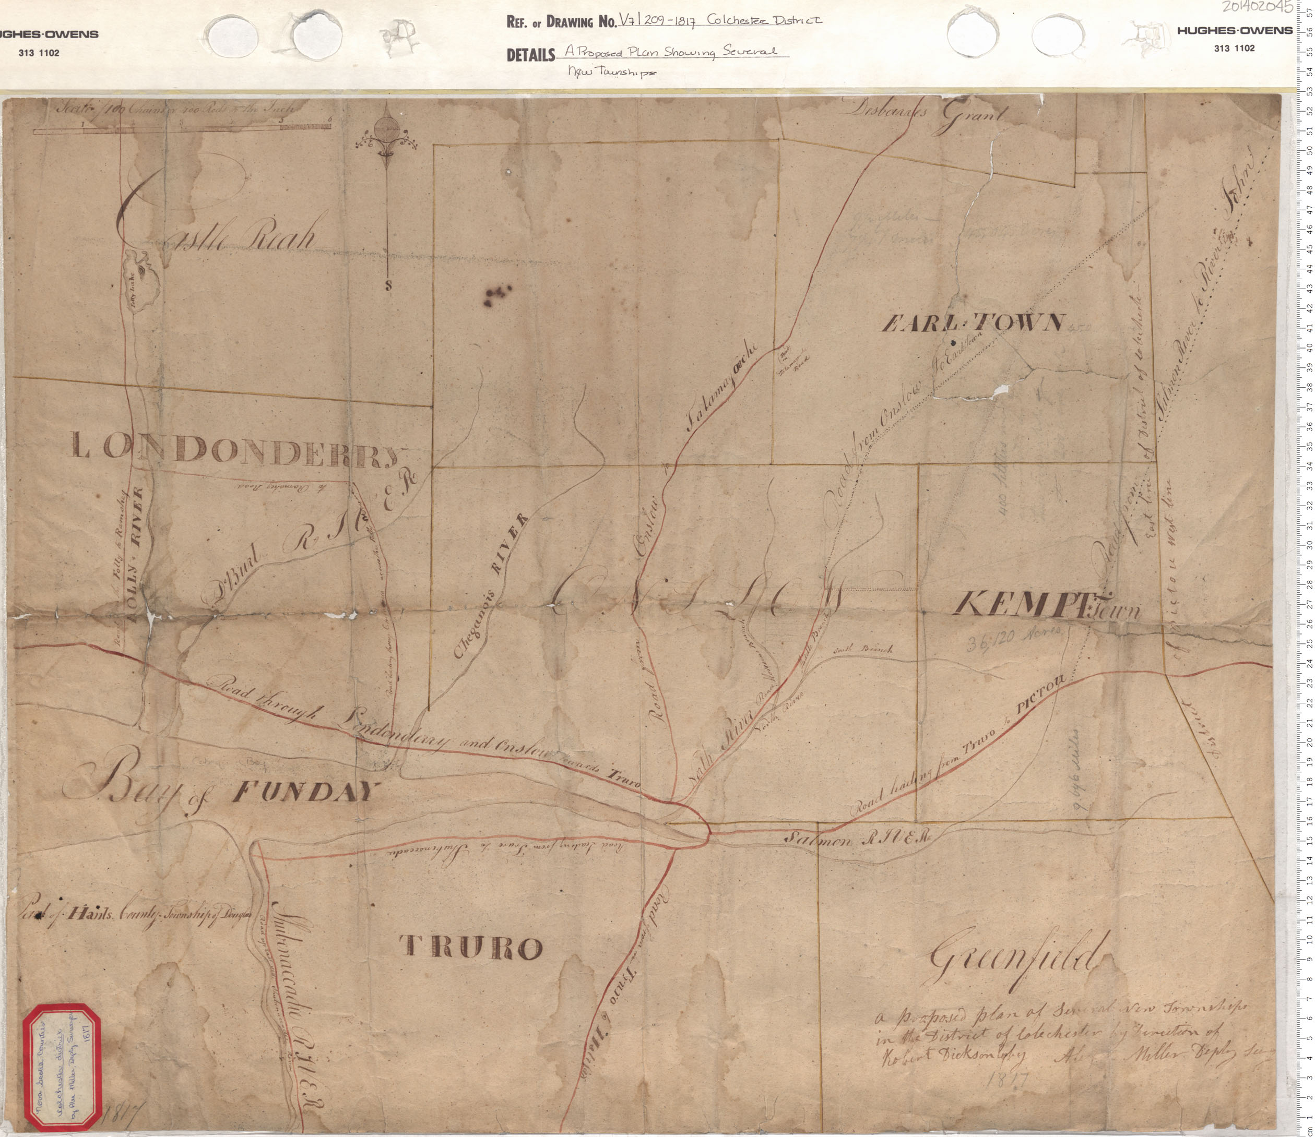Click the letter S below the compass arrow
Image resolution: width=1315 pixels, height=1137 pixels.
[x=388, y=286]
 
